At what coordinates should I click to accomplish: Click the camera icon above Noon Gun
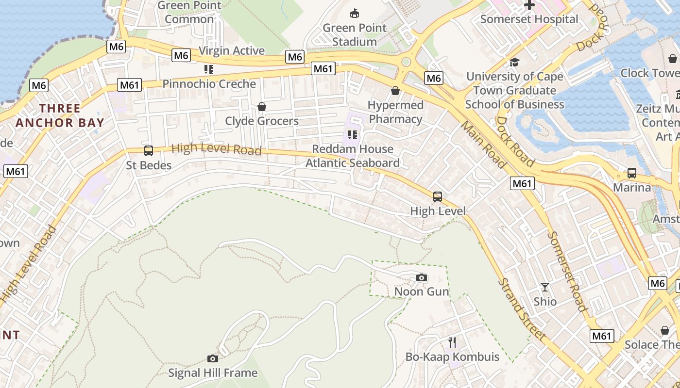tap(422, 278)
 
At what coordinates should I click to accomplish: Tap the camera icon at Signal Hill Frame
tap(212, 359)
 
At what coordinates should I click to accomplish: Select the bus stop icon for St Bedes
tap(149, 151)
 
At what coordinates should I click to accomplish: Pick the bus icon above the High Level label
tap(438, 197)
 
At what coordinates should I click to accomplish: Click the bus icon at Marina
tap(632, 173)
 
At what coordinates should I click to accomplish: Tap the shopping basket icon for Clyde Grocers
tap(262, 107)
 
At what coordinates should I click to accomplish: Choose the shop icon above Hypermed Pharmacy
tap(395, 91)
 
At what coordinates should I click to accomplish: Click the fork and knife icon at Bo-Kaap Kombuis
tap(452, 342)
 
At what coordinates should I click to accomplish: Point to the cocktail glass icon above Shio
tap(545, 287)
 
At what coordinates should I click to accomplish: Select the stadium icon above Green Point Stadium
tap(355, 13)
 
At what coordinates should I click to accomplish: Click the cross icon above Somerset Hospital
tap(529, 5)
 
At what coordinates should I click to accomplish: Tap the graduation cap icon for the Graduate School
tap(514, 62)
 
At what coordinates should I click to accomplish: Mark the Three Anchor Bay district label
tap(60, 115)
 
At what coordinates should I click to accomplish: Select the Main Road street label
tap(483, 145)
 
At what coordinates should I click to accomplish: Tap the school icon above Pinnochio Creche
tap(209, 69)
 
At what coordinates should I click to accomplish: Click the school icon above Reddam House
tap(353, 134)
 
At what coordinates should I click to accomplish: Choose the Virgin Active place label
tap(232, 51)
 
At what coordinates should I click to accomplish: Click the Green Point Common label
tap(189, 12)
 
